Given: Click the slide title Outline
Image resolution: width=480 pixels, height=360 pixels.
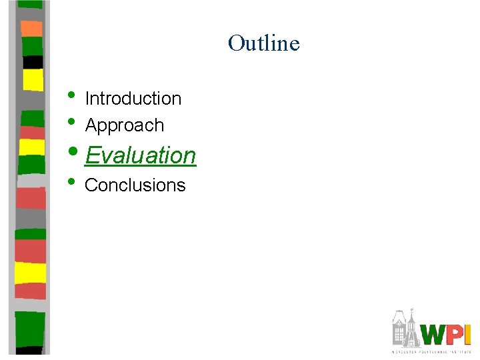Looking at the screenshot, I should coord(263,43).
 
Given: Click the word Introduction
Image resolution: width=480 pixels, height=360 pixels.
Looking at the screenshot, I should coord(133,99).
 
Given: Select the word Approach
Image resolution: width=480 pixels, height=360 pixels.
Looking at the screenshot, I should coord(124,125).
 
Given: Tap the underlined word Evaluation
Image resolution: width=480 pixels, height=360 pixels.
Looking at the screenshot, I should coord(140,155).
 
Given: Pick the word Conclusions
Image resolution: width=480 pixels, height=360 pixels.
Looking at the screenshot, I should coord(135,185).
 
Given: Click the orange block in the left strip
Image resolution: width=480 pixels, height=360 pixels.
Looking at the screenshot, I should coord(31,29).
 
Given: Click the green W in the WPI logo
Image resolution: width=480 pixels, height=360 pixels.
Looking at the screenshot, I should coord(436,335).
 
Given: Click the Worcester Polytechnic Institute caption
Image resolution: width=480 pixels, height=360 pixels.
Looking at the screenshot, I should coord(431,351).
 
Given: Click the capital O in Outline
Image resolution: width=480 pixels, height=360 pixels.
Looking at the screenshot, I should coord(236,43).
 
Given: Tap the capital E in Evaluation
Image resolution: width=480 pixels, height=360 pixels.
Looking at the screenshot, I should coord(92,155).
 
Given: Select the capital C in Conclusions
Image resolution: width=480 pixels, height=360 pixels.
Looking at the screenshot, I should coord(91,185).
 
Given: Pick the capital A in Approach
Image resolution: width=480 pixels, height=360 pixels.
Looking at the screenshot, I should coord(91,125).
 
